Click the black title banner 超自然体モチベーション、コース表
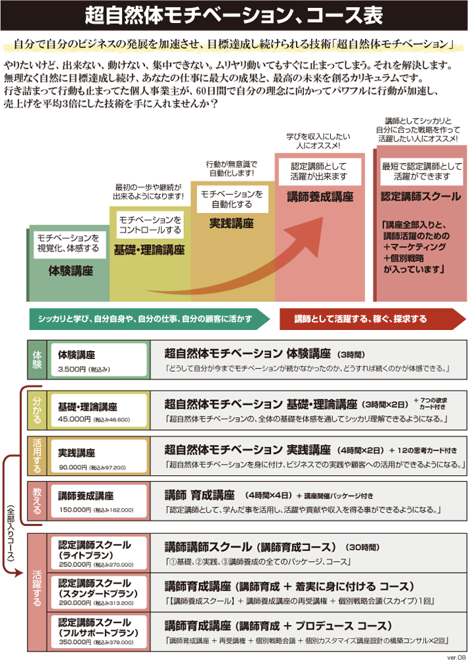234,15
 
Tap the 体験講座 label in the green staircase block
71,271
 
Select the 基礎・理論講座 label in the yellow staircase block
149,250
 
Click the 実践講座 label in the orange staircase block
231,224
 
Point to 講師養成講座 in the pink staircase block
320,197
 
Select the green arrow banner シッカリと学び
148,319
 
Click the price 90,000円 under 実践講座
73,467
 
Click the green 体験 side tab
37,360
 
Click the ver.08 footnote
455,655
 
